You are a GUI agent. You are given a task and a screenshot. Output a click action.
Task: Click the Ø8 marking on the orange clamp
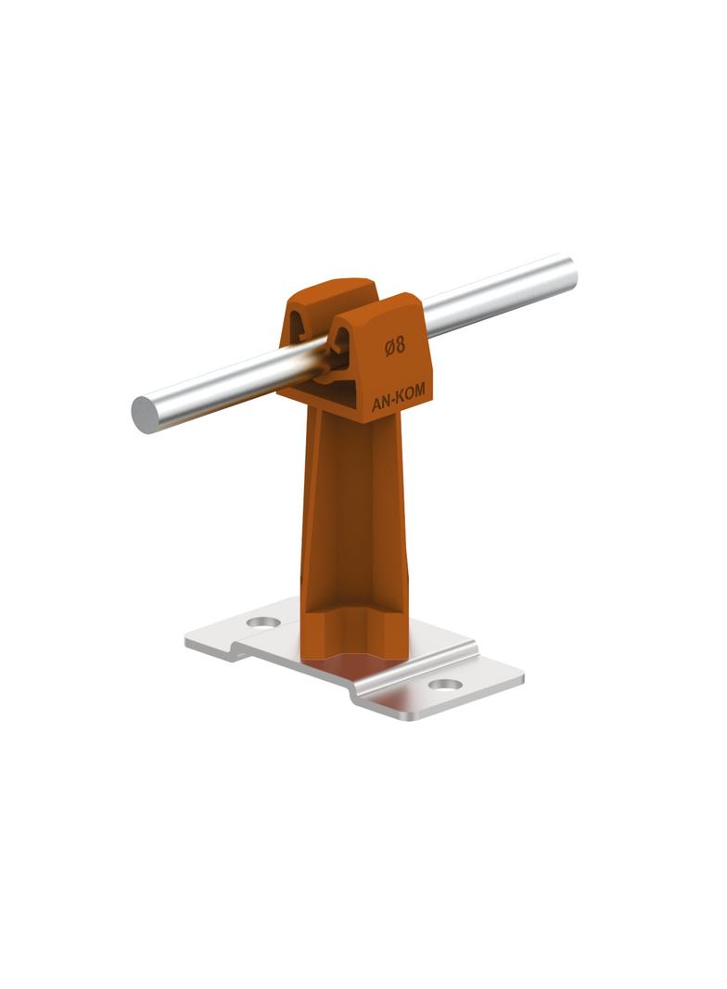pos(395,346)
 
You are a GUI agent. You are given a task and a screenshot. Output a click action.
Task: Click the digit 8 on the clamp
pos(401,345)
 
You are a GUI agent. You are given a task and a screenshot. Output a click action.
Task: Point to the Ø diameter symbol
pos(389,347)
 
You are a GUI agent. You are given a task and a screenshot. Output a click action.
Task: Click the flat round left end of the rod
pos(147,415)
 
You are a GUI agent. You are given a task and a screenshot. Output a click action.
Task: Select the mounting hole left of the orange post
pos(263,622)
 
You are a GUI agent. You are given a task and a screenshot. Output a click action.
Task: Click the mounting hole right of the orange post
pos(446,685)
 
